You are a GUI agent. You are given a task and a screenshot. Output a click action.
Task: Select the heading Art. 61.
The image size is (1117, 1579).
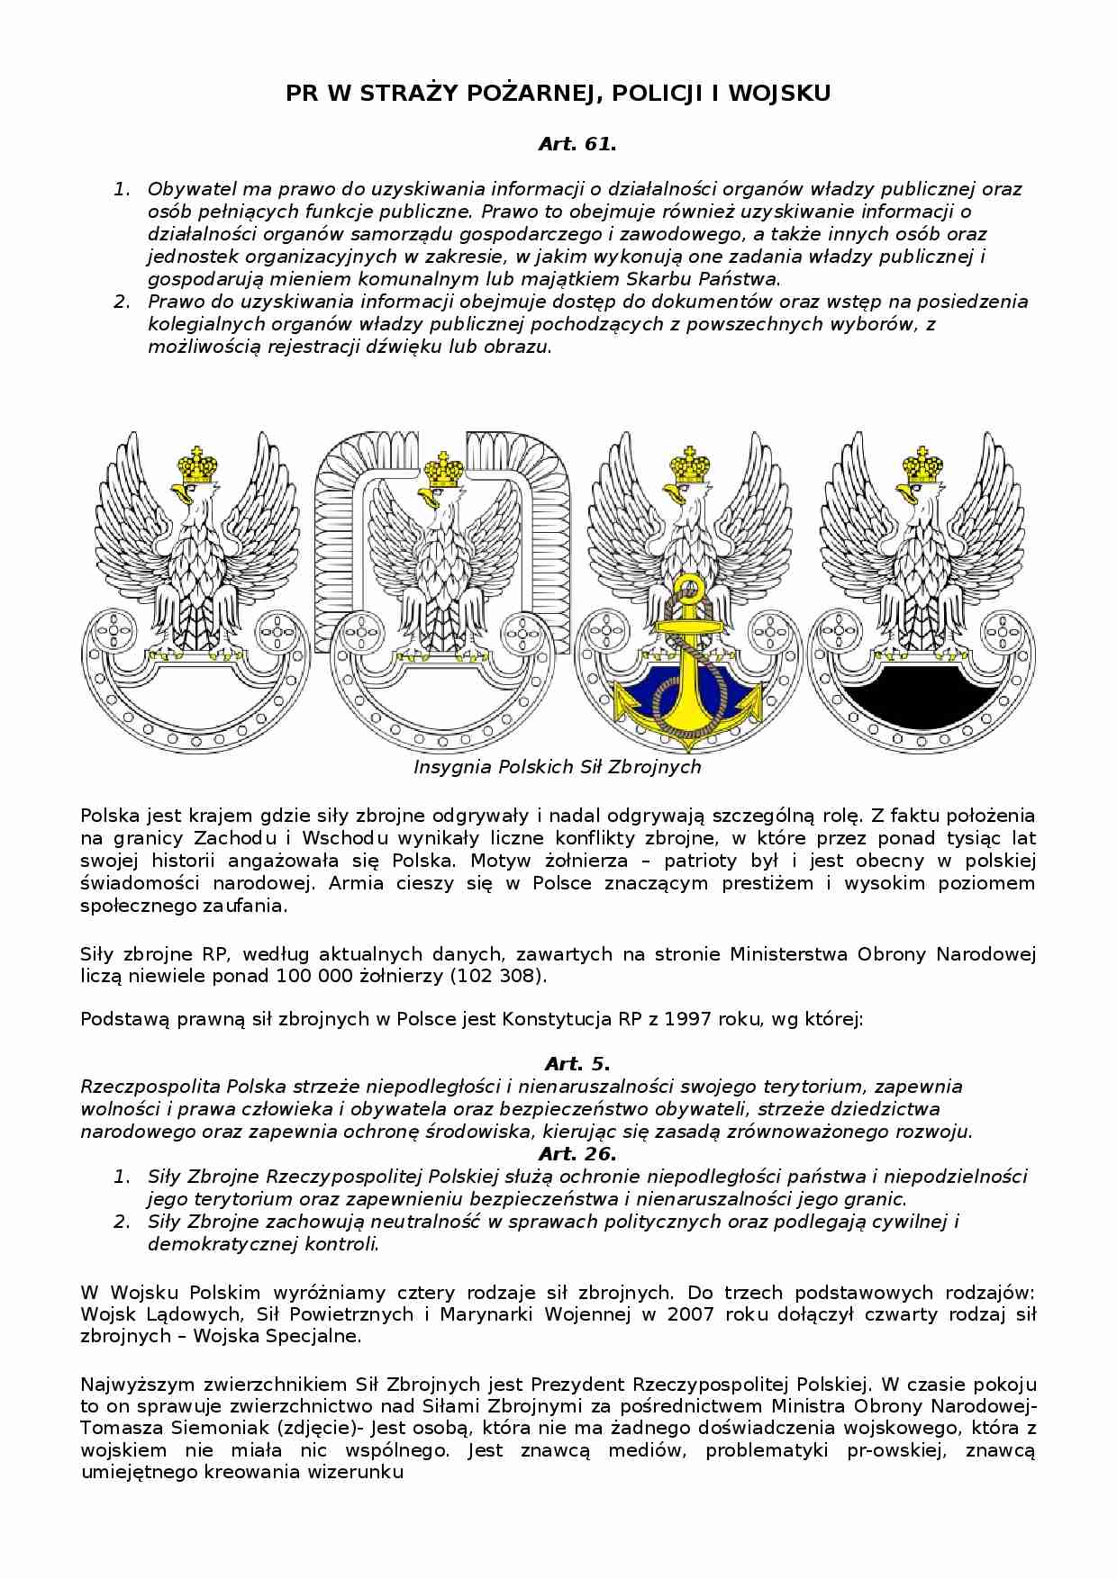(577, 144)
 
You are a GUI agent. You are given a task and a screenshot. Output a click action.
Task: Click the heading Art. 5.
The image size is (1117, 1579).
(577, 1064)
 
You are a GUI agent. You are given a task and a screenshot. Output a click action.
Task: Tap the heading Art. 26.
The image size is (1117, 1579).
(577, 1153)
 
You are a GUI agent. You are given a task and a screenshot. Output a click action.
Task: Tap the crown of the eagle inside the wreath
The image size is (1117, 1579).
(443, 468)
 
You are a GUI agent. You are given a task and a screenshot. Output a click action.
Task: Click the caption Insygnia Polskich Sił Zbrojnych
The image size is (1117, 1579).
(557, 767)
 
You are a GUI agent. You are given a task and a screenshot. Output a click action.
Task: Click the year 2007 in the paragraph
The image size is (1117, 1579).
(692, 1313)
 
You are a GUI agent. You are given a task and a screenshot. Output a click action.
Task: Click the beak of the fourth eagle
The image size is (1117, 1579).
(904, 494)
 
